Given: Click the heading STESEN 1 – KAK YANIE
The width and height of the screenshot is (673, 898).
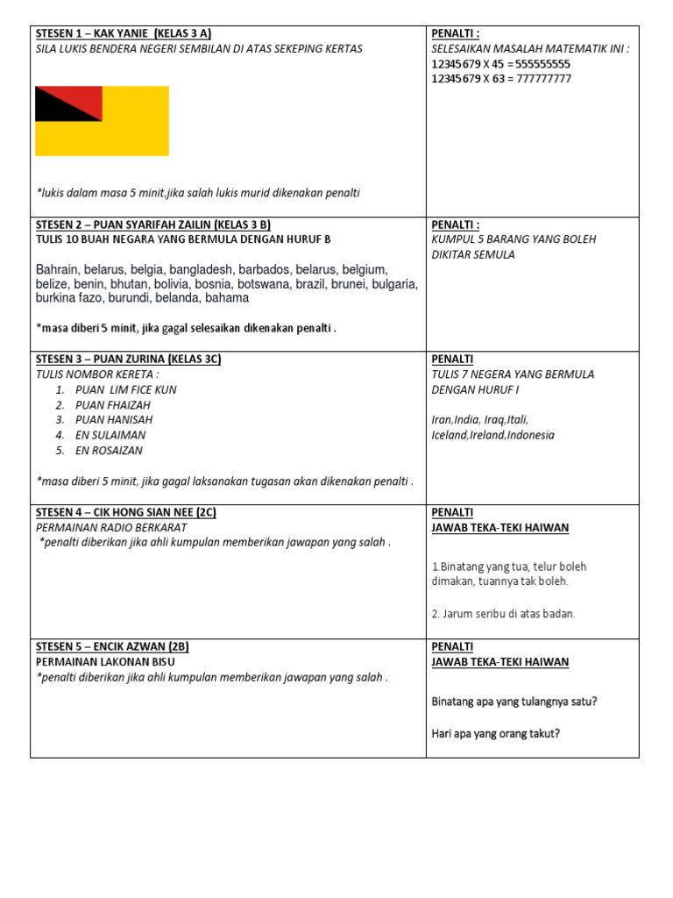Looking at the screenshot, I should [x=123, y=33].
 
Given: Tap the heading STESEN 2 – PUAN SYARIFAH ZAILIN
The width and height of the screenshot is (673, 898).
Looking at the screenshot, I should [x=153, y=224].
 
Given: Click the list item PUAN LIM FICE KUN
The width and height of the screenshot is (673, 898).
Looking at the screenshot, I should [x=126, y=389].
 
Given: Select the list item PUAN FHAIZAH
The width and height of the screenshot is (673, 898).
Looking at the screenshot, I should [x=113, y=405].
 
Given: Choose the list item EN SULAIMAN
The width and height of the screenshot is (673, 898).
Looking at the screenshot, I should [x=110, y=435].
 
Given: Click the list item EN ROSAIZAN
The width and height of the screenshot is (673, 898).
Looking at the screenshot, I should [x=110, y=451].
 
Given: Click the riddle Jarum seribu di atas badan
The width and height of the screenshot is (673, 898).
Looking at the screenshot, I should [x=503, y=614].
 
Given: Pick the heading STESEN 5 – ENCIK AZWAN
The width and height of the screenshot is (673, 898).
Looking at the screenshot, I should [x=113, y=647].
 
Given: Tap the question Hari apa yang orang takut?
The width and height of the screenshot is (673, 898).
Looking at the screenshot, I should [x=496, y=733].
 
